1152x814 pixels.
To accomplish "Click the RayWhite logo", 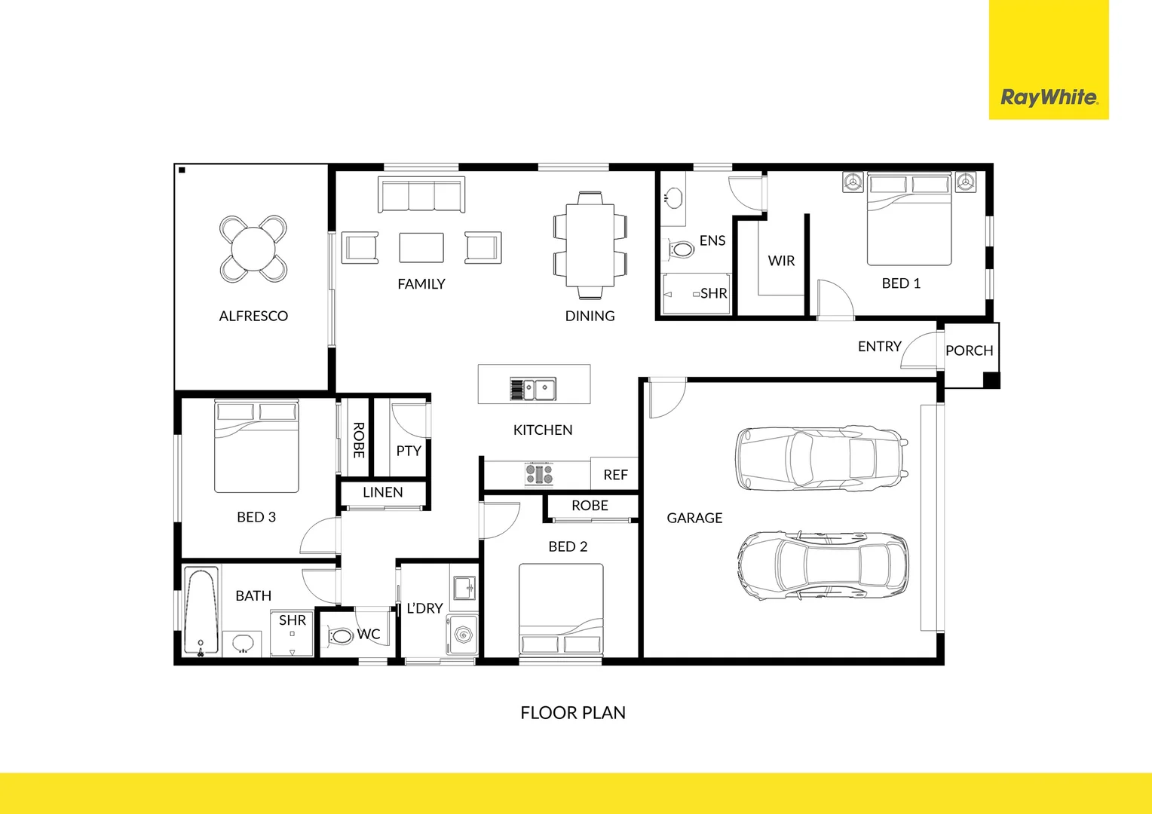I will [x=1049, y=97].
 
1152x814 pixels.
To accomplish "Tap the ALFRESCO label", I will [x=253, y=316].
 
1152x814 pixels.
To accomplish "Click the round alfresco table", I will [x=253, y=249].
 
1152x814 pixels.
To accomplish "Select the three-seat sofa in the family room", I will [x=421, y=195].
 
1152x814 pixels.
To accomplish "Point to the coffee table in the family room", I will [x=421, y=247].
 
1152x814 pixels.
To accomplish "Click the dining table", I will [x=590, y=245].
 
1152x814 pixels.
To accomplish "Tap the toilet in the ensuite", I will [x=682, y=249].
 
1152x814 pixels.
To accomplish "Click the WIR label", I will [x=781, y=261].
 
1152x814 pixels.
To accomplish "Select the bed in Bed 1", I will [x=908, y=219].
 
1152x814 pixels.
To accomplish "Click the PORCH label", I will [x=969, y=350].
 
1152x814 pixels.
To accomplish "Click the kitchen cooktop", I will [x=539, y=474].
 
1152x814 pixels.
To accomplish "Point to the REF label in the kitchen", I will [x=615, y=475].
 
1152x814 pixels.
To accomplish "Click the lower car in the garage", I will [x=823, y=565].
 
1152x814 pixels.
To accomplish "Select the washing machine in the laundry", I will [x=462, y=636].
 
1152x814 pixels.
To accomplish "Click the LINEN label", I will [x=383, y=492].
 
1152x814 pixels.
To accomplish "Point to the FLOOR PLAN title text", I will [x=573, y=712].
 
